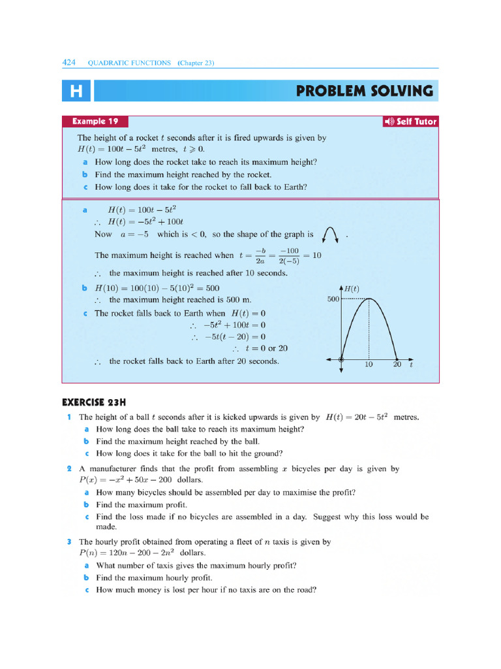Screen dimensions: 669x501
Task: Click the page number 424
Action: [x=68, y=63]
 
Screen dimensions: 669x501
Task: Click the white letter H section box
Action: [x=76, y=91]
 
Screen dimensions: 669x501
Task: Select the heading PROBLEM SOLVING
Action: [x=364, y=91]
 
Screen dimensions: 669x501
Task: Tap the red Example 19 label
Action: [x=95, y=122]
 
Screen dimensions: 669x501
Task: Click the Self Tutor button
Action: [x=410, y=122]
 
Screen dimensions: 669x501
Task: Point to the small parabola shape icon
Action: [x=330, y=233]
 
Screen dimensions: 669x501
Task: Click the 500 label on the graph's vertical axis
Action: [x=333, y=299]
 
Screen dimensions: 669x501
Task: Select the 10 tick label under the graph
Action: [x=369, y=365]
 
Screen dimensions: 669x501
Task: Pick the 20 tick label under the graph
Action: [x=397, y=365]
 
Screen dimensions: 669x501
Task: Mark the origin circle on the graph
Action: [x=341, y=359]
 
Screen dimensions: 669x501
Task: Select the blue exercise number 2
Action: [x=68, y=469]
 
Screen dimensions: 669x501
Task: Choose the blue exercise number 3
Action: [x=68, y=542]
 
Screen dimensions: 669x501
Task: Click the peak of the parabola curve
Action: [x=369, y=299]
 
